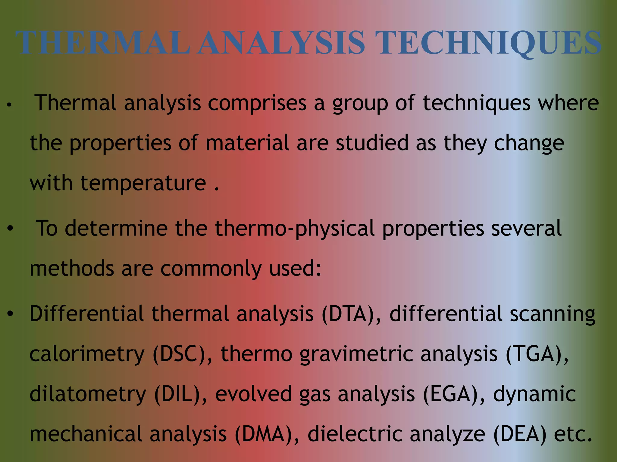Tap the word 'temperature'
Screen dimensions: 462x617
(143, 183)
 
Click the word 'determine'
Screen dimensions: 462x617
(116, 228)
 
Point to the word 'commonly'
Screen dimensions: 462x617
(211, 269)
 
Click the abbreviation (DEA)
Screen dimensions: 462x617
(520, 434)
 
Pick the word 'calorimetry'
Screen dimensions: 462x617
(87, 354)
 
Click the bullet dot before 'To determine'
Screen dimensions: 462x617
(11, 229)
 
